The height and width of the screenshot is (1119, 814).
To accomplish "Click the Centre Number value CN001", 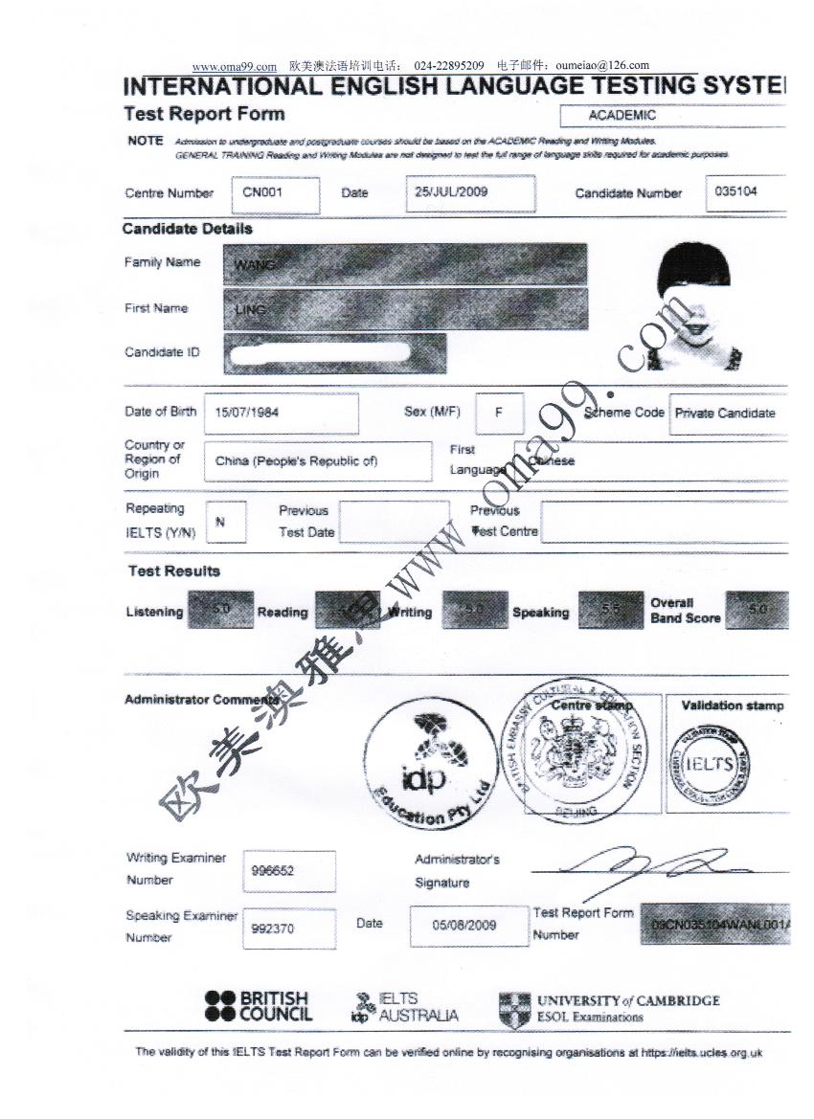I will point(261,192).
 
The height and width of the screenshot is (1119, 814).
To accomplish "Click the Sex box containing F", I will point(499,413).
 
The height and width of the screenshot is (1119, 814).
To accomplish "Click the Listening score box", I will point(221,610).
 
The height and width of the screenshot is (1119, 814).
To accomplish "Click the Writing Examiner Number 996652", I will point(288,871).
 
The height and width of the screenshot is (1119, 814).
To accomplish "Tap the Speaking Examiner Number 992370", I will point(288,929).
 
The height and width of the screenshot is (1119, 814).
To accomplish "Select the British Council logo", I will point(258,1006).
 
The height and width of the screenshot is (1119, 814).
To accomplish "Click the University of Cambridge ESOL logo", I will point(609,1008).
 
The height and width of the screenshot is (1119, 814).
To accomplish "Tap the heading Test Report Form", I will point(204,114).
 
